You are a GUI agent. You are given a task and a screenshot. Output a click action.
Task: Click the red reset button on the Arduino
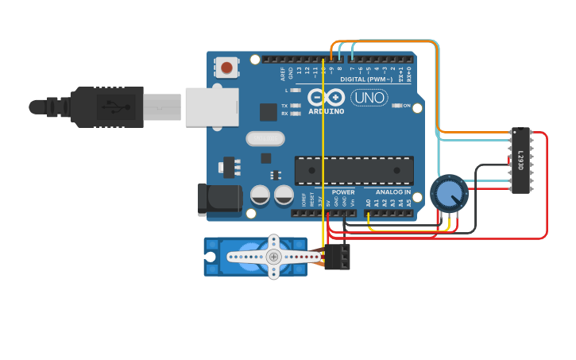point(227,68)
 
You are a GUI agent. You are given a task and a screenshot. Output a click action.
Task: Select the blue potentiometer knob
point(449,193)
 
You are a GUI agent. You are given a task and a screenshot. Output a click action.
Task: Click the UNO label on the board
point(369,98)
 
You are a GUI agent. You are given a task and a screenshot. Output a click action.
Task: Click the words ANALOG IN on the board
point(392,192)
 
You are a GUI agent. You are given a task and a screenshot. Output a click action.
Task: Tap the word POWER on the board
point(343,192)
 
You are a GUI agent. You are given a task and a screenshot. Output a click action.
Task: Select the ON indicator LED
point(397,106)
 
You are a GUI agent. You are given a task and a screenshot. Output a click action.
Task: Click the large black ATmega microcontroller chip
point(354,170)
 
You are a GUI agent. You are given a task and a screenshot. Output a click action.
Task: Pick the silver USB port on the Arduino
point(211,107)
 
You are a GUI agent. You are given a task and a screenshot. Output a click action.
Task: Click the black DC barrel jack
point(218,199)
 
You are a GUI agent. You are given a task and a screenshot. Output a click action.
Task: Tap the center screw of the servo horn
point(273,256)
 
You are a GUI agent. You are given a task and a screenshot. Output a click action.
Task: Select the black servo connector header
point(337,256)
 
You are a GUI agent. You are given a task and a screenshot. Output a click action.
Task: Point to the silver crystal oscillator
point(265,139)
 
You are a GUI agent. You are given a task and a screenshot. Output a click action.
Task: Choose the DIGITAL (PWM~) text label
point(366,79)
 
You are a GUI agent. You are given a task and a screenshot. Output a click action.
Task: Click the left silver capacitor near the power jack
point(260,195)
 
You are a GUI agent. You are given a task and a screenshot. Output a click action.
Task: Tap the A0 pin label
point(368,203)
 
